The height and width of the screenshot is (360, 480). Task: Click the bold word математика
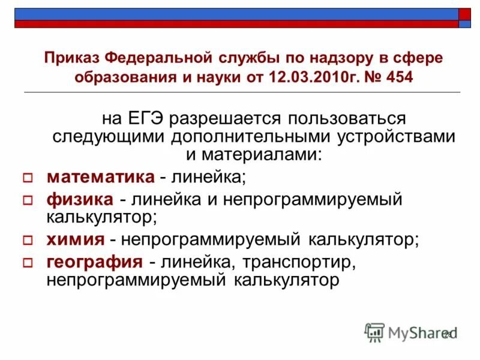pyautogui.click(x=100, y=176)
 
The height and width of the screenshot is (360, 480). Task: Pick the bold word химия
pyautogui.click(x=75, y=239)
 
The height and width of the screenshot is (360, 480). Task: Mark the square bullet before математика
pyautogui.click(x=26, y=178)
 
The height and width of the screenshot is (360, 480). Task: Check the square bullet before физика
pyautogui.click(x=26, y=200)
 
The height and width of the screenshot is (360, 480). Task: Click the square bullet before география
pyautogui.click(x=26, y=263)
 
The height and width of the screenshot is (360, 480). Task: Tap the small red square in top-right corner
pyautogui.click(x=465, y=14)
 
